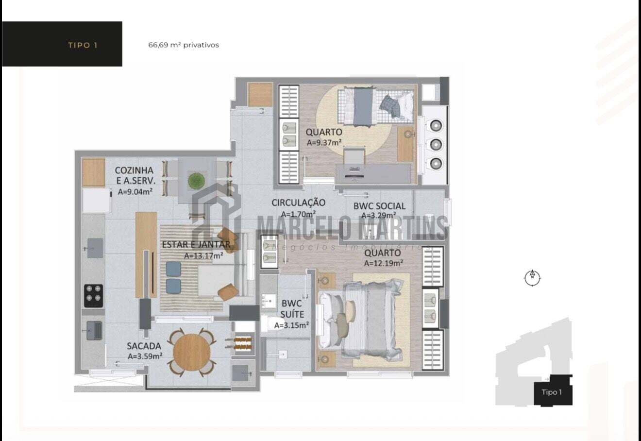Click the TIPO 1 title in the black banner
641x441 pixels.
click(x=83, y=45)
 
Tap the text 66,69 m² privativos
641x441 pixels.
click(x=184, y=45)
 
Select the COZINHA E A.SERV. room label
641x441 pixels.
click(x=135, y=175)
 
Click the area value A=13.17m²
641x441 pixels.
click(x=203, y=255)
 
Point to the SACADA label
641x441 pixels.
click(x=144, y=346)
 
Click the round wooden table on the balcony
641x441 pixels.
click(x=191, y=352)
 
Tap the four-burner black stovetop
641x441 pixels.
click(x=93, y=296)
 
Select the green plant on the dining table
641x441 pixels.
click(x=196, y=181)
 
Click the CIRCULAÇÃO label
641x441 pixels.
click(x=298, y=203)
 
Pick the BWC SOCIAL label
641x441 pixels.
click(x=379, y=206)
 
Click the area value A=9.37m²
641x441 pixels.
click(x=324, y=142)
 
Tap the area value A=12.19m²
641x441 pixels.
click(x=384, y=263)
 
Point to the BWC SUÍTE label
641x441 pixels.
click(x=292, y=309)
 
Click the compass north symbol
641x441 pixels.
click(x=532, y=278)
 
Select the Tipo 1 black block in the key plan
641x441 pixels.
click(x=553, y=390)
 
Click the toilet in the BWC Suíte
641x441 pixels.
click(x=271, y=323)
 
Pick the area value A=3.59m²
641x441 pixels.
click(x=145, y=356)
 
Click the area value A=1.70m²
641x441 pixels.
click(x=298, y=214)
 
